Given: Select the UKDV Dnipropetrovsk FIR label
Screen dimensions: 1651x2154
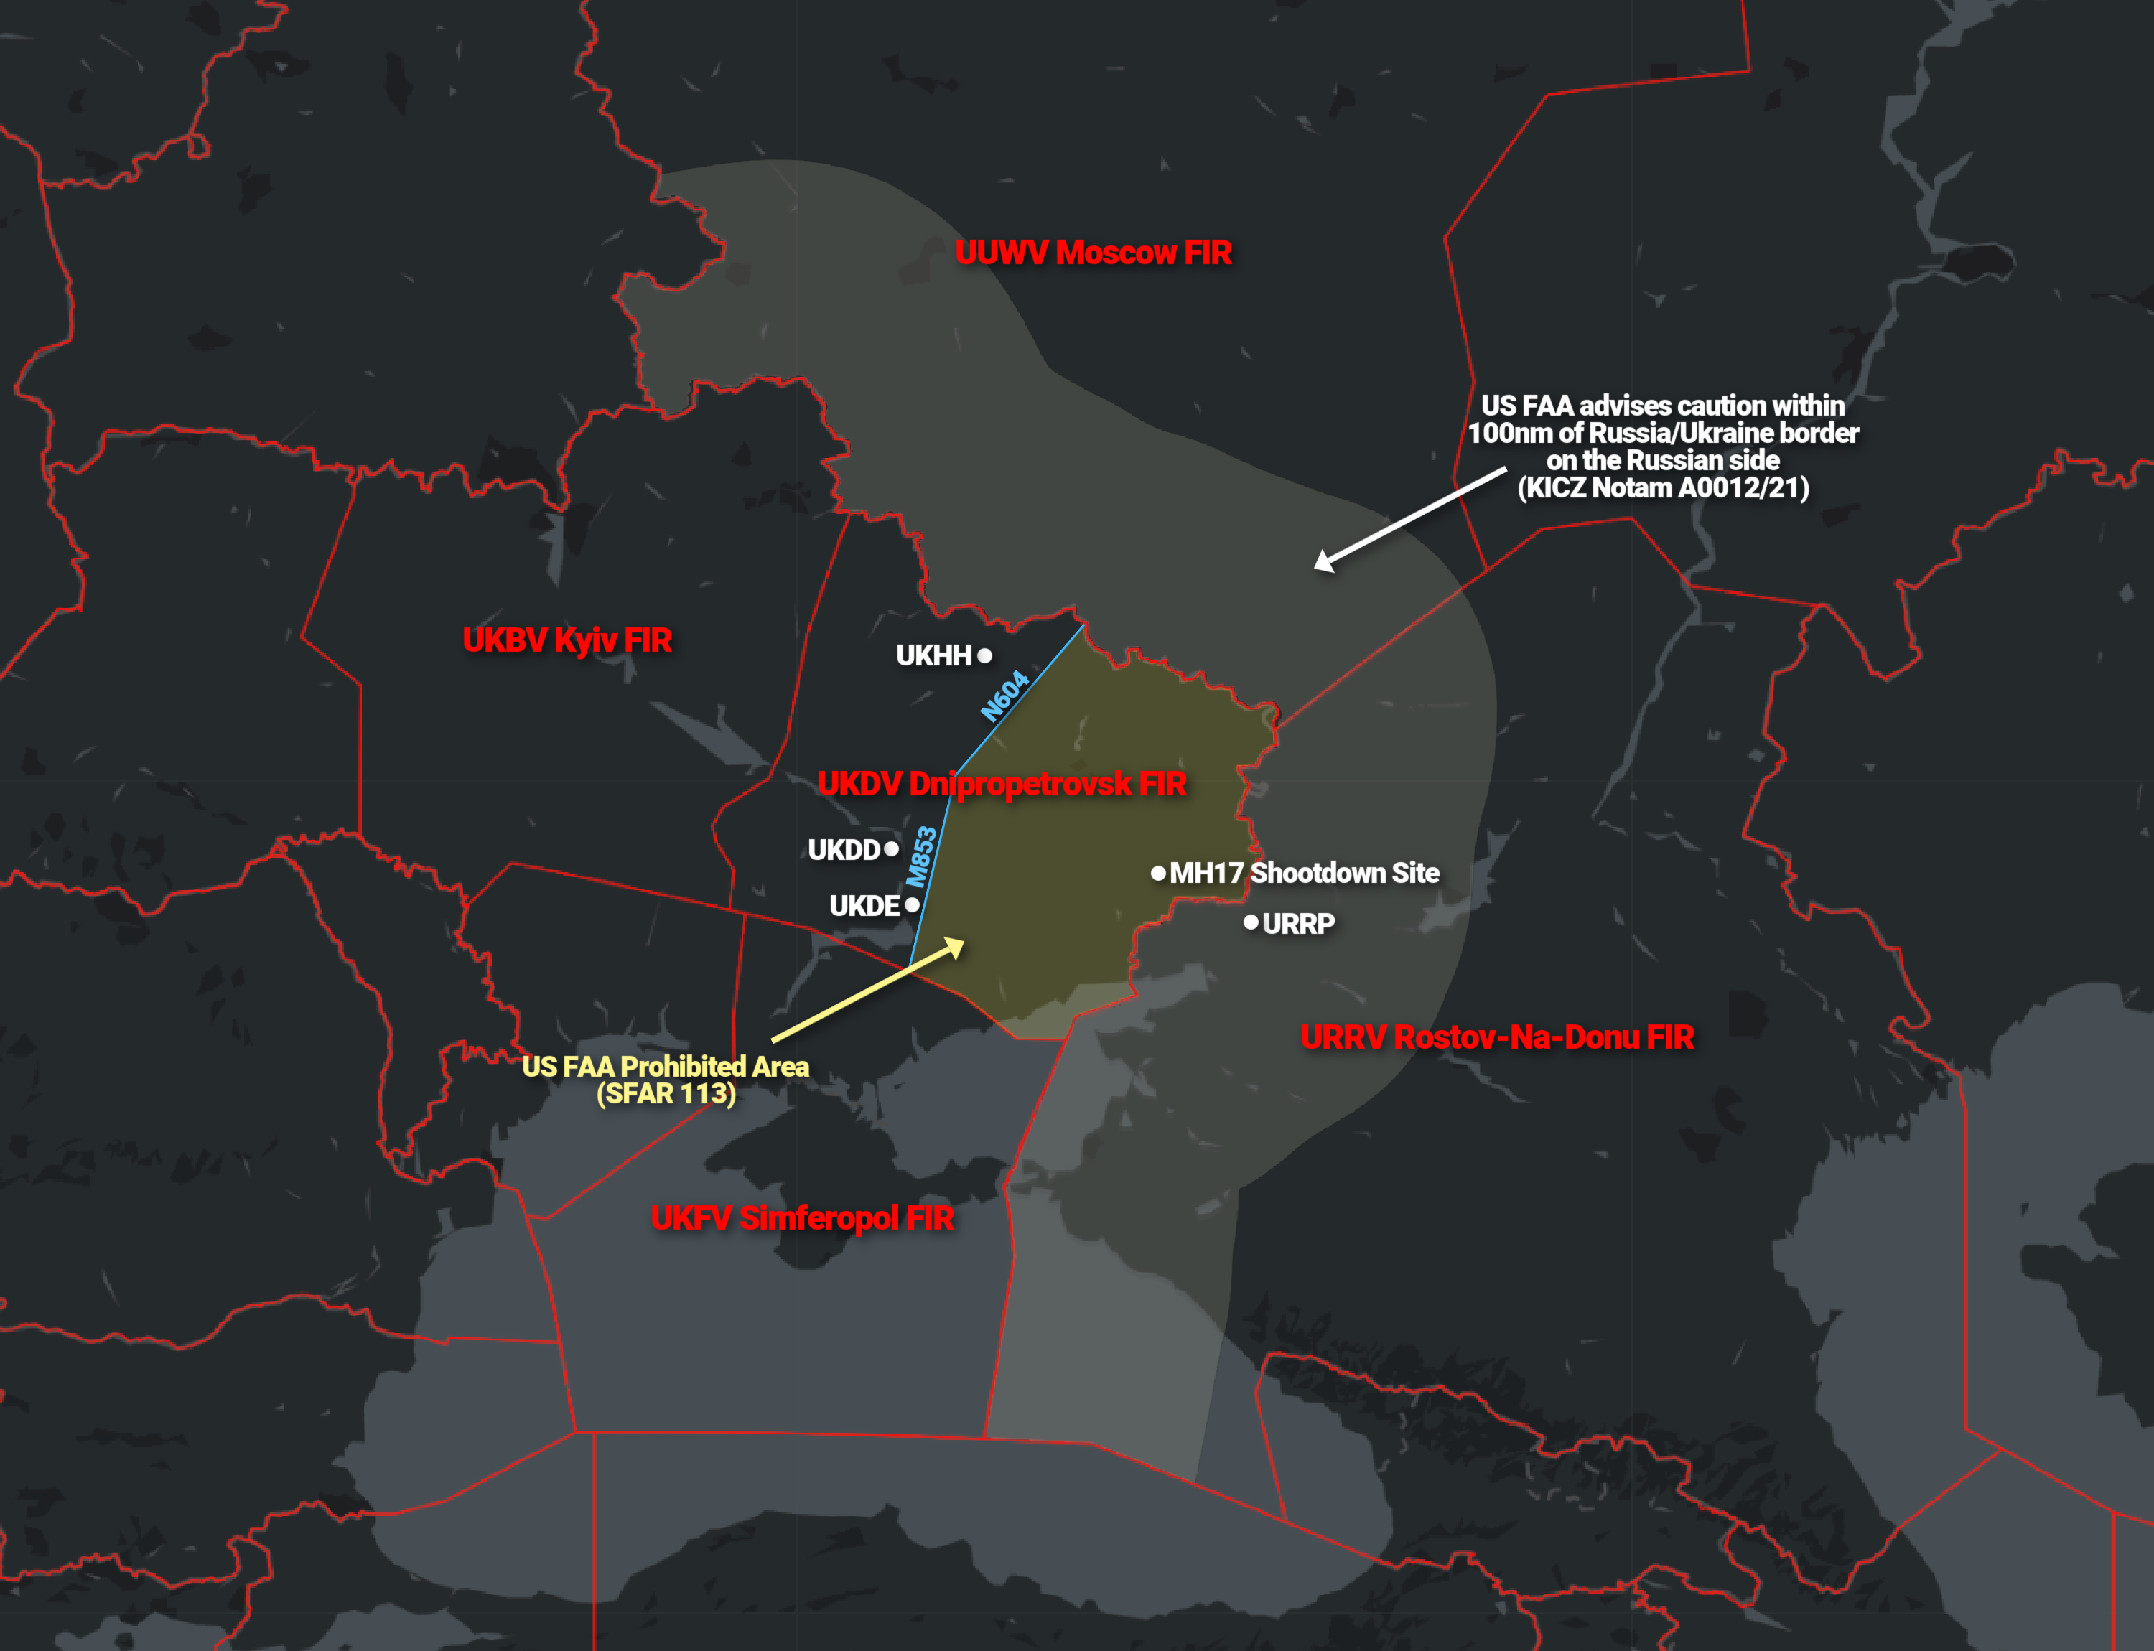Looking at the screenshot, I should [x=1001, y=783].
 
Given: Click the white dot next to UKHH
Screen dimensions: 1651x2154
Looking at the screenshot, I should [x=984, y=655].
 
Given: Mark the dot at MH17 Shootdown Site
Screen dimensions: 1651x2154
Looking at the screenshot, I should [x=1158, y=873].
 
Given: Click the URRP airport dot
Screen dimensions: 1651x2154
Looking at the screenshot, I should [x=1251, y=922].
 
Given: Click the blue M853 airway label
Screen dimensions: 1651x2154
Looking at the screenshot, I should [x=921, y=857].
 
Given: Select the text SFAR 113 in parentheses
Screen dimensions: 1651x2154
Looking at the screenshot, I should [x=666, y=1094].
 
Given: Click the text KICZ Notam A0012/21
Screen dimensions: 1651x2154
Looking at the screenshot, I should [x=1662, y=487].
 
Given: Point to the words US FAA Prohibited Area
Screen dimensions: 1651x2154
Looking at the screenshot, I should [x=665, y=1066].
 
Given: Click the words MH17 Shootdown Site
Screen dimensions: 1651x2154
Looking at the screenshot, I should [x=1304, y=873].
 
